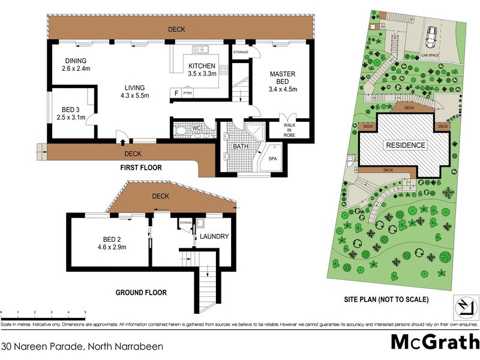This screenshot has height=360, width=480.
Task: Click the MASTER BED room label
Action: point(283,76)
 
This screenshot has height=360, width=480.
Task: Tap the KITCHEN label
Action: point(203,66)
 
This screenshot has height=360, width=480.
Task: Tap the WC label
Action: point(196,128)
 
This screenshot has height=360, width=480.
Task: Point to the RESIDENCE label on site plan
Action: point(405,145)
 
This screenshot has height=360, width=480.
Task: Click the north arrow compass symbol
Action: point(463,307)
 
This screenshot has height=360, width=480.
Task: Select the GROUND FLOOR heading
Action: point(141,293)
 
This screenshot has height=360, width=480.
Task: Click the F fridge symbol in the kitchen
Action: point(176,94)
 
